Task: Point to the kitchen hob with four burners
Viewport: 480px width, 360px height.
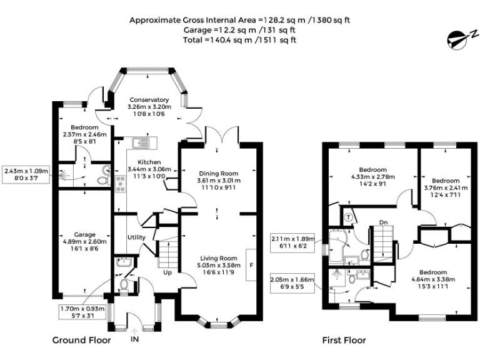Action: (119, 182)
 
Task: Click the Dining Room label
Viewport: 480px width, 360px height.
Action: (219, 173)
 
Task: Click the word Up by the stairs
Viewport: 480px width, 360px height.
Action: (167, 272)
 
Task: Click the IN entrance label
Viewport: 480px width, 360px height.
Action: (134, 340)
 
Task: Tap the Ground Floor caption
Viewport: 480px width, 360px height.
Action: (81, 341)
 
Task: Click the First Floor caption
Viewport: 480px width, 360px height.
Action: (344, 341)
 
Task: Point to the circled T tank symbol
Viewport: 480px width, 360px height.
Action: (348, 216)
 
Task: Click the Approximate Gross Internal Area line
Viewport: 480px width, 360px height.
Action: (239, 20)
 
